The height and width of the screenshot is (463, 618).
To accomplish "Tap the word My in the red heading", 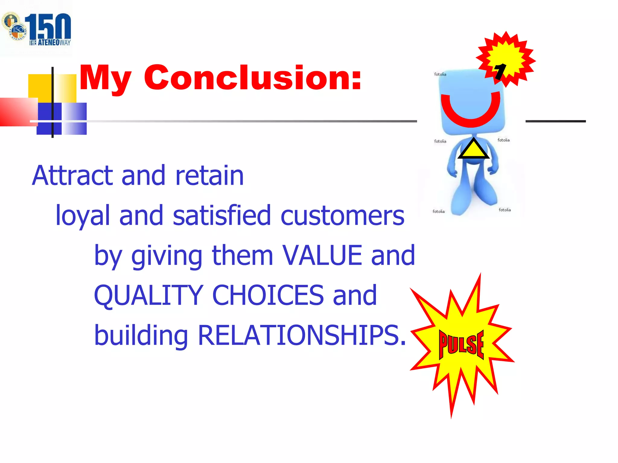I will (x=105, y=79).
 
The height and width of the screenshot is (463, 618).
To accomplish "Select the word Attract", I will (x=73, y=175).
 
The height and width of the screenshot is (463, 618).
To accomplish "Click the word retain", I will (x=209, y=175).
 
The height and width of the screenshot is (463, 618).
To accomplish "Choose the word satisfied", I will (x=222, y=215).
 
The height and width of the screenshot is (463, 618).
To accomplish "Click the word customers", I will (x=342, y=216).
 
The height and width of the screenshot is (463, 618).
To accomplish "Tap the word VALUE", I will (x=322, y=256).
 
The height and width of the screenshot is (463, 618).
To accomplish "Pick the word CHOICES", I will (x=268, y=295).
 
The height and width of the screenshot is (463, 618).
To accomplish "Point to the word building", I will (x=141, y=335).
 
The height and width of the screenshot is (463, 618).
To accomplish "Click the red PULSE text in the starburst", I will (x=461, y=344).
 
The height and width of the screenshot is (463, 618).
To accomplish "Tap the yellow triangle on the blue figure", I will (x=473, y=150).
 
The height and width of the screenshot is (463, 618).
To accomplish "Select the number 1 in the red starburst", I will (x=500, y=71).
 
